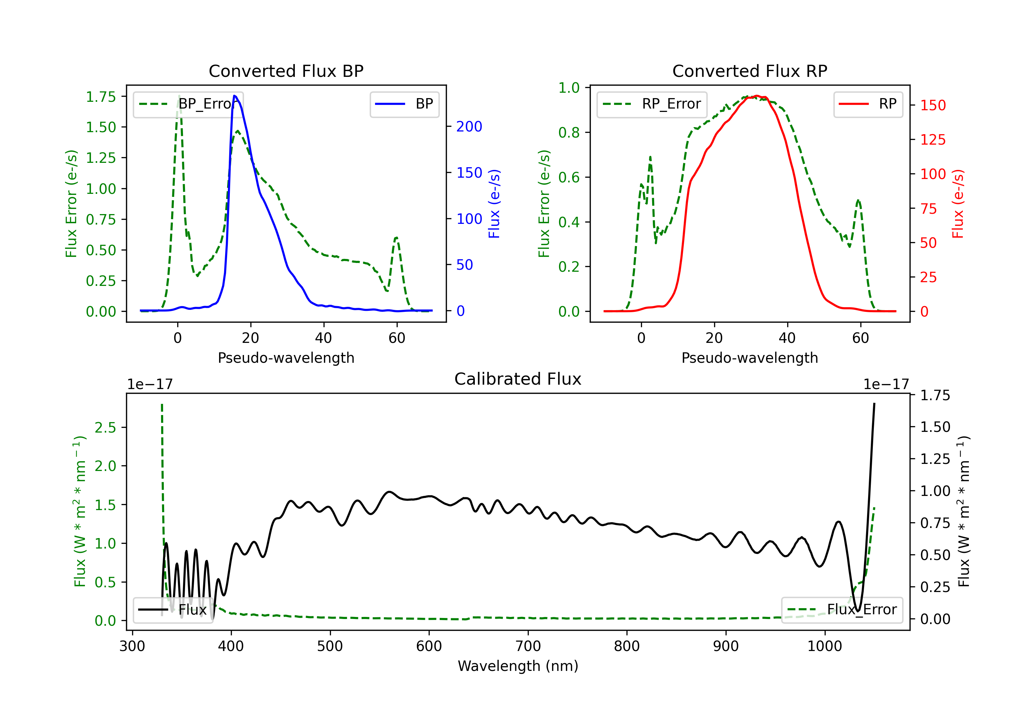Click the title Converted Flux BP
[x=286, y=71]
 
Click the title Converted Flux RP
[x=749, y=71]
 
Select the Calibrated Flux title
[x=518, y=379]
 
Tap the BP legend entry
[x=404, y=104]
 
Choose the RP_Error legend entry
[x=652, y=104]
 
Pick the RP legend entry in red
[x=868, y=104]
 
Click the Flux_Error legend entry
[x=842, y=610]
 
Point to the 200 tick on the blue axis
[x=469, y=127]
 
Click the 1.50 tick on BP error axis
[x=101, y=127]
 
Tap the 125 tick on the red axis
[x=932, y=140]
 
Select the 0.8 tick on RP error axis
[x=569, y=132]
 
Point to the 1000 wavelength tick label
[x=824, y=646]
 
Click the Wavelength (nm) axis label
[x=518, y=666]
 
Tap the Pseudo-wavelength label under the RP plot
[x=749, y=358]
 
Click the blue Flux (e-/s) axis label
[x=494, y=204]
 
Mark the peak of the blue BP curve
[x=235, y=96]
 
